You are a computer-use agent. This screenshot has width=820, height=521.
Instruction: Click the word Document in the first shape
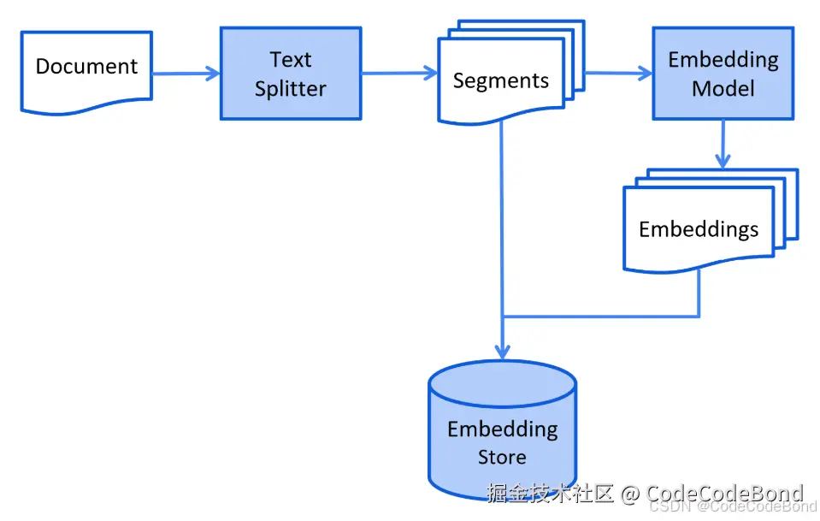(86, 67)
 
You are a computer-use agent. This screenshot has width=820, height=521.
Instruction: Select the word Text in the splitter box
(291, 60)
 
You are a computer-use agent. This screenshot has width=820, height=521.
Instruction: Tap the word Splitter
(291, 88)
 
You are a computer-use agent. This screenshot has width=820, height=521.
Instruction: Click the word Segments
(500, 81)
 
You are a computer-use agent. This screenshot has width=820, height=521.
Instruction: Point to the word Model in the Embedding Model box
(723, 88)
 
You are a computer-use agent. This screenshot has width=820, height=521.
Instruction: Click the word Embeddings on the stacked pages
(699, 229)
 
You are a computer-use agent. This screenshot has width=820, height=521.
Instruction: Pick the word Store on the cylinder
(502, 457)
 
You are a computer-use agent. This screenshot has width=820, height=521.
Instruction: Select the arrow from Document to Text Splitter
(186, 74)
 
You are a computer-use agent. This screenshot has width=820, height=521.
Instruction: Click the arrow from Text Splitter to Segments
(399, 74)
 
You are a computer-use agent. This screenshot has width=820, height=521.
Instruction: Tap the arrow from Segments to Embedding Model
(618, 74)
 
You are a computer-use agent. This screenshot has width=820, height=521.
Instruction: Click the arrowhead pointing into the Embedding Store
(502, 351)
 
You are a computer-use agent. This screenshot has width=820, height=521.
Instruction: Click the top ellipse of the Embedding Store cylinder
(502, 382)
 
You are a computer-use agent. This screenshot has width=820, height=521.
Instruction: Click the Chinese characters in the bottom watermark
(551, 494)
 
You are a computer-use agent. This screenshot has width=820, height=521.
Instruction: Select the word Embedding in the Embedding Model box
(723, 60)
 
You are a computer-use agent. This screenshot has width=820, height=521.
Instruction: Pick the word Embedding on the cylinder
(502, 429)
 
